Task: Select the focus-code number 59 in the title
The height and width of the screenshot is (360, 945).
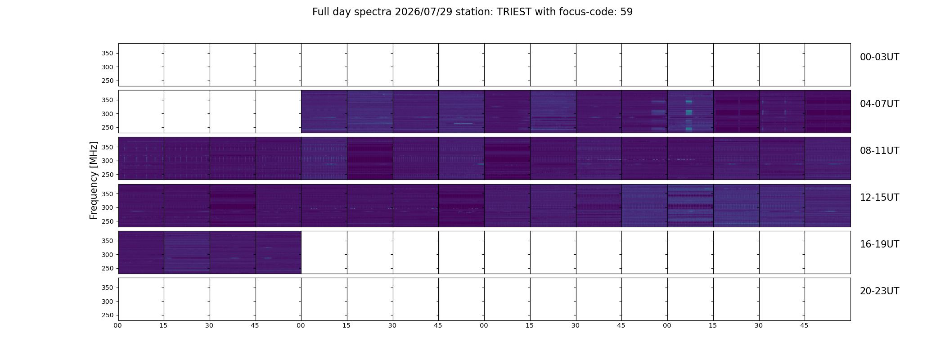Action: tap(626, 12)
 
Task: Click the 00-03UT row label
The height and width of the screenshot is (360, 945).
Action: tap(879, 57)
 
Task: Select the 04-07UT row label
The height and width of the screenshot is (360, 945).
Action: tap(879, 104)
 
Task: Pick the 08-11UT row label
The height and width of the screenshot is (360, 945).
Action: tap(879, 151)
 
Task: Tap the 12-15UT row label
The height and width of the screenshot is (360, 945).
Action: tap(879, 198)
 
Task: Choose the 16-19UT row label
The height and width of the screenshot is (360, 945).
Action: tap(879, 244)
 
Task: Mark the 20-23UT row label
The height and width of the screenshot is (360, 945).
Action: tap(879, 291)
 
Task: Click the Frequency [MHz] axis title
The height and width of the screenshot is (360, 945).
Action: tap(94, 180)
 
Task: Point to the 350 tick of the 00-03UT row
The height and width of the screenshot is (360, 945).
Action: tap(108, 54)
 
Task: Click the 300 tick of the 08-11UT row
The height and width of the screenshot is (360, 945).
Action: tap(108, 161)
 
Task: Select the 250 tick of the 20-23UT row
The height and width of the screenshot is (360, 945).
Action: tap(108, 315)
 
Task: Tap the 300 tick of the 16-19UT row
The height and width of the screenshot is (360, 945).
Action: tap(108, 255)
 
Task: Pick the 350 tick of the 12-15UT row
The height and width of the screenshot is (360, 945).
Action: tap(108, 194)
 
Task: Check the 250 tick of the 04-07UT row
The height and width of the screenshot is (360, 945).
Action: tap(108, 127)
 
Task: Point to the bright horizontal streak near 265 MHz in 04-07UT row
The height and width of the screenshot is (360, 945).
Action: tap(463, 123)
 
